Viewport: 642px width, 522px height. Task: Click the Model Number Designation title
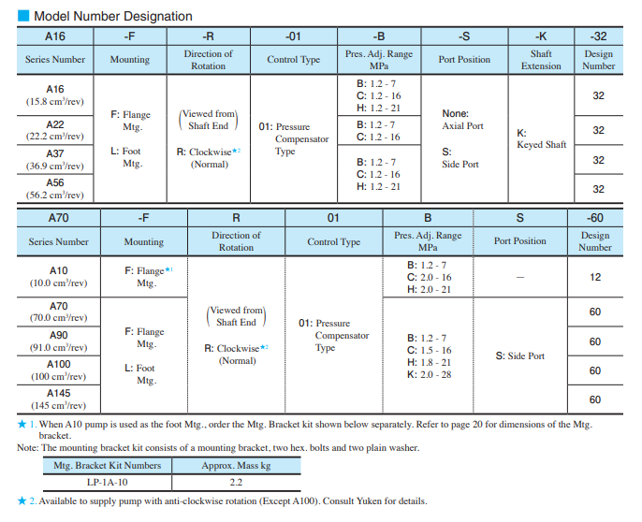112,16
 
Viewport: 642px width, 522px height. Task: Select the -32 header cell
598,36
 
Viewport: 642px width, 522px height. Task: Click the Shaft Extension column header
541,59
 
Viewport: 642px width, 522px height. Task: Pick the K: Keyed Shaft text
541,138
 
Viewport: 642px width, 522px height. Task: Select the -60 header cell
594,218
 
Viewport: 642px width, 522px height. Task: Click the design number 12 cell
595,277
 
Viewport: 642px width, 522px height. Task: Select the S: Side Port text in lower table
519,355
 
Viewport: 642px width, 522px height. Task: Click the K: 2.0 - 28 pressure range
429,374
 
